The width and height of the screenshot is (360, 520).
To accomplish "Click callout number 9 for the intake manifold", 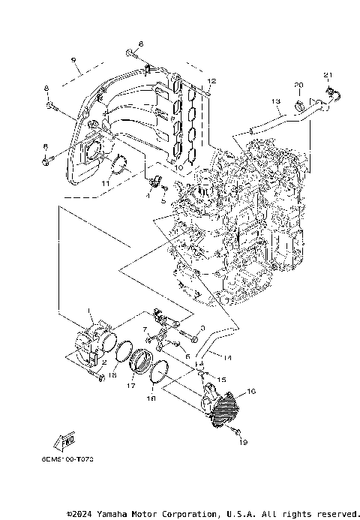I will [x=74, y=60].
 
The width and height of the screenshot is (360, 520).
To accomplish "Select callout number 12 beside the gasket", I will [x=211, y=80].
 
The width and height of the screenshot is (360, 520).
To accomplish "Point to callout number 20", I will [x=298, y=84].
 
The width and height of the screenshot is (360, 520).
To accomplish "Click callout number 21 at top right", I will [x=326, y=74].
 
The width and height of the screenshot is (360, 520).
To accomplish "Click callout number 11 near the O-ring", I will [x=106, y=182].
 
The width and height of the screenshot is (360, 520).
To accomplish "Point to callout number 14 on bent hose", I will [x=227, y=358].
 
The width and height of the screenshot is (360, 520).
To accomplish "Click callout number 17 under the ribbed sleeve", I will [x=130, y=386].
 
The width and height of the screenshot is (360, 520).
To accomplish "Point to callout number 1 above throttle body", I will [x=91, y=310].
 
